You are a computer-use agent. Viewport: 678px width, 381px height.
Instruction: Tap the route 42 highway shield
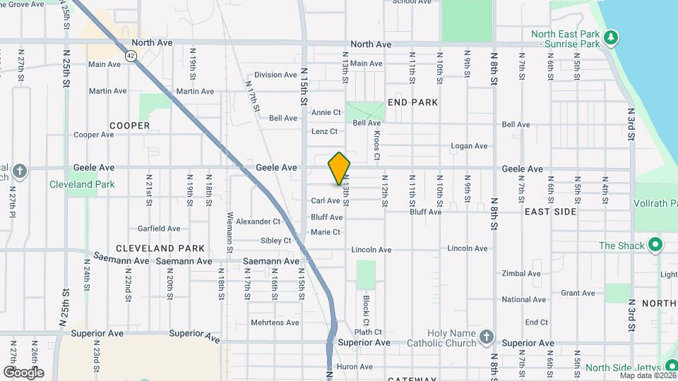131,54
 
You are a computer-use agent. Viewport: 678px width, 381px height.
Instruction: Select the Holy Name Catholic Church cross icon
486,337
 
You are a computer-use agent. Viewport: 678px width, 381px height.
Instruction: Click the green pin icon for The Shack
655,246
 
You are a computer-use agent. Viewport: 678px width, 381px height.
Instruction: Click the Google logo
23,372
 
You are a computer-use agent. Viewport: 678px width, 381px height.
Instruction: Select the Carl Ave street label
326,201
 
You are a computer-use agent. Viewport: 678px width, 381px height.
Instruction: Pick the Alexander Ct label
258,222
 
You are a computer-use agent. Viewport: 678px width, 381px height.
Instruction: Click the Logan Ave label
470,146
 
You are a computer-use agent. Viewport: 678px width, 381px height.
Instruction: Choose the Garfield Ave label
159,229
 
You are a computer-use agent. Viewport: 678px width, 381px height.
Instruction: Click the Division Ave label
276,75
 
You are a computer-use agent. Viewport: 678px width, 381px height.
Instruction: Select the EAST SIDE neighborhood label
550,212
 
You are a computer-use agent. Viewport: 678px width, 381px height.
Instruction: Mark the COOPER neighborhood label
130,126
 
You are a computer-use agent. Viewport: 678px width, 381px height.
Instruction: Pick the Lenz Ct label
324,131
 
